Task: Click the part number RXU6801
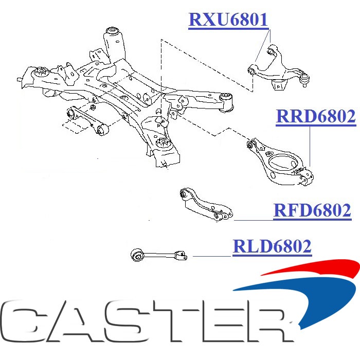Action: click(228, 20)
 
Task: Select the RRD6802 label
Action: click(316, 117)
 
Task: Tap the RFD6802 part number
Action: click(312, 210)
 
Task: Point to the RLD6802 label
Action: click(272, 247)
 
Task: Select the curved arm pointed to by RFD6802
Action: click(206, 207)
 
